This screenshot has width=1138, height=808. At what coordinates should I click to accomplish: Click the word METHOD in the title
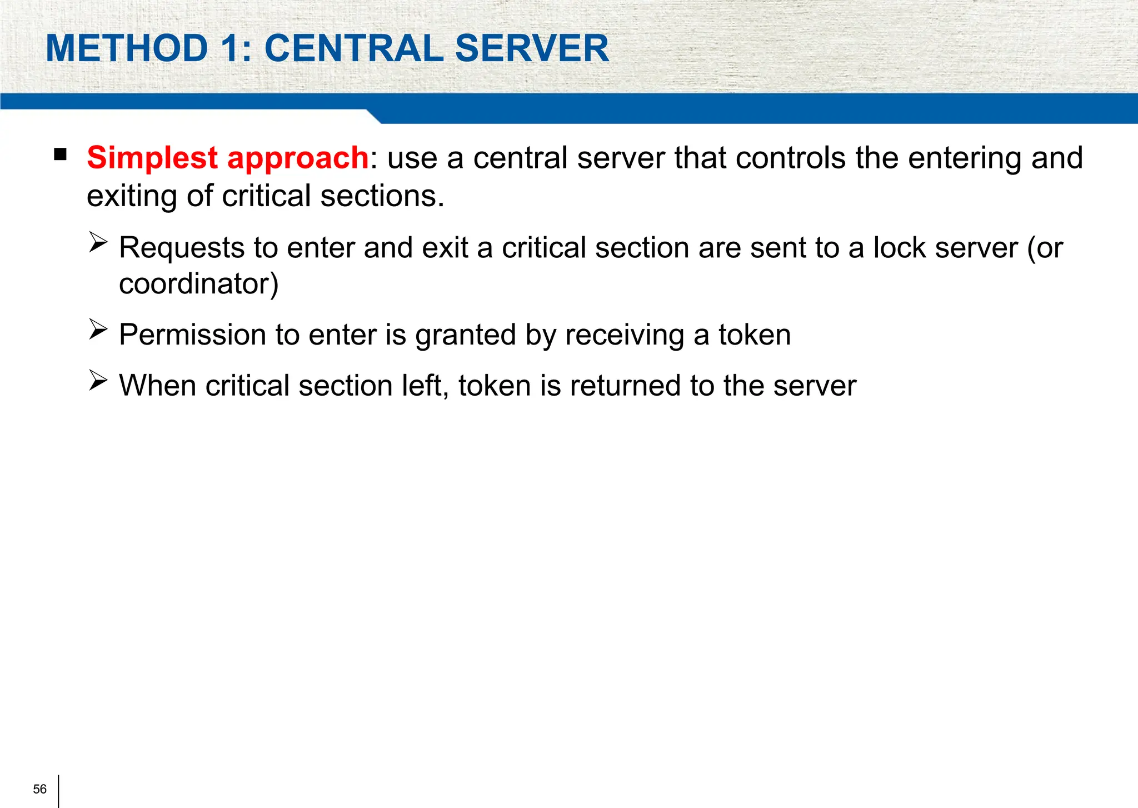[x=127, y=48]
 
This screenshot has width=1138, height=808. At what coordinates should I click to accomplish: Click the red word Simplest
[x=152, y=158]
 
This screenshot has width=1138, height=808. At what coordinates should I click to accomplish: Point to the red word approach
[x=298, y=158]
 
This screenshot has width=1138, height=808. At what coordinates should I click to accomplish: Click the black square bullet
[x=61, y=154]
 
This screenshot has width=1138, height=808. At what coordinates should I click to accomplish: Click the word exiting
[x=131, y=196]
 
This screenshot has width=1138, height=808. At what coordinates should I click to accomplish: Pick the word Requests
[x=182, y=248]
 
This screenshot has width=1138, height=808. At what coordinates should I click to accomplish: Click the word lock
[x=899, y=248]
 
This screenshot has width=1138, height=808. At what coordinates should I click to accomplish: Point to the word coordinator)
[x=198, y=284]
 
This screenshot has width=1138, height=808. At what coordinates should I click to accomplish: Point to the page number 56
[x=40, y=789]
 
